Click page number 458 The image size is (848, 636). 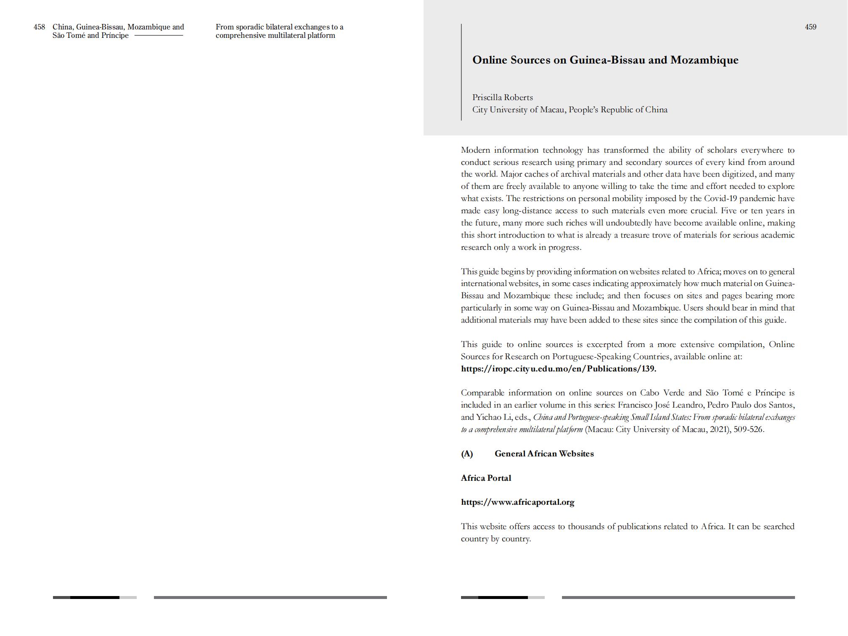(39, 27)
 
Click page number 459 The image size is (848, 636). (810, 27)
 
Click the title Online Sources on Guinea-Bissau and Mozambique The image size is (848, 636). (605, 60)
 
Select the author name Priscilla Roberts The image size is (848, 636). (502, 98)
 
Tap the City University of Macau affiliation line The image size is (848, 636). (570, 110)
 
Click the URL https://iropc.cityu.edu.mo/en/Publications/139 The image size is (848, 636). (558, 369)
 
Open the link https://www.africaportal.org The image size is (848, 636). (517, 502)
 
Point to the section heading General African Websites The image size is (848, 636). (544, 454)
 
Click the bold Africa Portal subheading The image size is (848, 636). (486, 478)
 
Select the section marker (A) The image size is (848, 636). (467, 454)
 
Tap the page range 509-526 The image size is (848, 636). (748, 429)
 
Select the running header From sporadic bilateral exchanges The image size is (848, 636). (279, 27)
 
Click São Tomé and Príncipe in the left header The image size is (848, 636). (90, 35)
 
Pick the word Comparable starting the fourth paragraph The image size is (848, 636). (482, 393)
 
